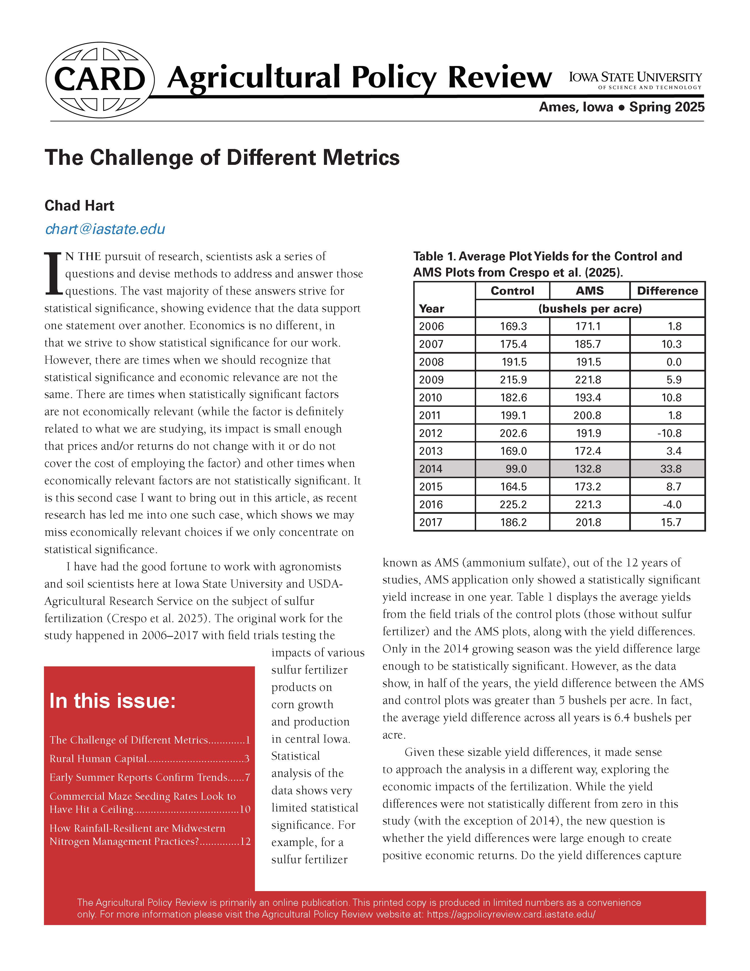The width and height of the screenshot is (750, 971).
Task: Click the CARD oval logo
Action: click(x=100, y=80)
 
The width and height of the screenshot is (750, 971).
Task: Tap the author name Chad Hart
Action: click(x=79, y=206)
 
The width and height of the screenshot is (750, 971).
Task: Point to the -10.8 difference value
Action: click(x=669, y=433)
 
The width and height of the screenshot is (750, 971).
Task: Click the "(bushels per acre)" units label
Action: click(x=590, y=309)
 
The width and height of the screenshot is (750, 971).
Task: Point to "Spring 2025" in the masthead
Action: click(x=667, y=107)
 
